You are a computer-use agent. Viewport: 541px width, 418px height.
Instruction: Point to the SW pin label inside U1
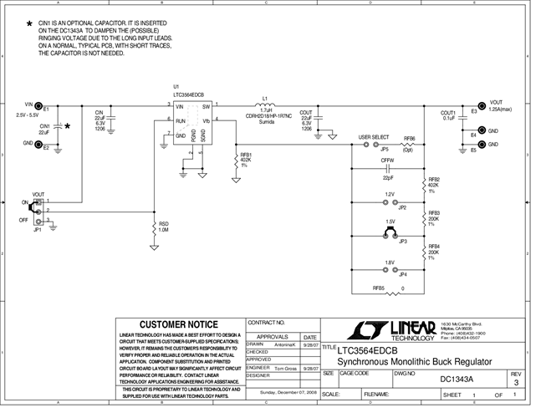206,107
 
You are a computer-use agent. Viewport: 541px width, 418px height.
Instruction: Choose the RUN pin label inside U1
179,120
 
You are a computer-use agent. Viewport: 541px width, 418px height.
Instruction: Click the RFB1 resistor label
246,155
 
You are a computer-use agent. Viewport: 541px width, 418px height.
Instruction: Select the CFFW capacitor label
387,160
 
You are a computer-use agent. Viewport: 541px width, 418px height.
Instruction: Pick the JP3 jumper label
403,242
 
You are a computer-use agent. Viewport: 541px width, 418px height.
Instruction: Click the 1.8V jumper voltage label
390,263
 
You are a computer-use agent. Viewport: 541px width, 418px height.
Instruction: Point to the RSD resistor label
164,224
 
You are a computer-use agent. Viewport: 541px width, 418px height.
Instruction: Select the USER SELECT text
374,136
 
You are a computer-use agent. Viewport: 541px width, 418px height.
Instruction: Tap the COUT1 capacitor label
447,112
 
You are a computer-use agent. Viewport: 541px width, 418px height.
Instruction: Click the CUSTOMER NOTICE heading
177,324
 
